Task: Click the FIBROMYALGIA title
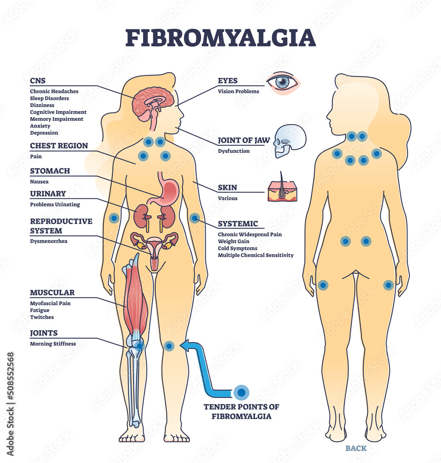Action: pyautogui.click(x=220, y=38)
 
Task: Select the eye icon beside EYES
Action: pyautogui.click(x=283, y=83)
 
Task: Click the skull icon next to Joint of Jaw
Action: pyautogui.click(x=290, y=140)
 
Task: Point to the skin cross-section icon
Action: pyautogui.click(x=283, y=190)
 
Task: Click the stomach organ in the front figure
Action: pyautogui.click(x=167, y=190)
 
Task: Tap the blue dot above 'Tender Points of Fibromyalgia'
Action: pyautogui.click(x=241, y=393)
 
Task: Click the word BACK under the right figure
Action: pyautogui.click(x=356, y=448)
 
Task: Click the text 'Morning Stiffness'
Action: pyautogui.click(x=53, y=344)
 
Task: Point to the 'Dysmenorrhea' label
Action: pyautogui.click(x=49, y=241)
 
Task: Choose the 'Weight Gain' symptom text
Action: pyautogui.click(x=233, y=241)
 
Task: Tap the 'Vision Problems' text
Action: pyautogui.click(x=239, y=91)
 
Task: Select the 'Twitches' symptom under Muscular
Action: pyautogui.click(x=42, y=317)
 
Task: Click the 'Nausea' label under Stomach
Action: pyautogui.click(x=39, y=182)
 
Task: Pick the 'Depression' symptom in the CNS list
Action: pyautogui.click(x=44, y=133)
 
